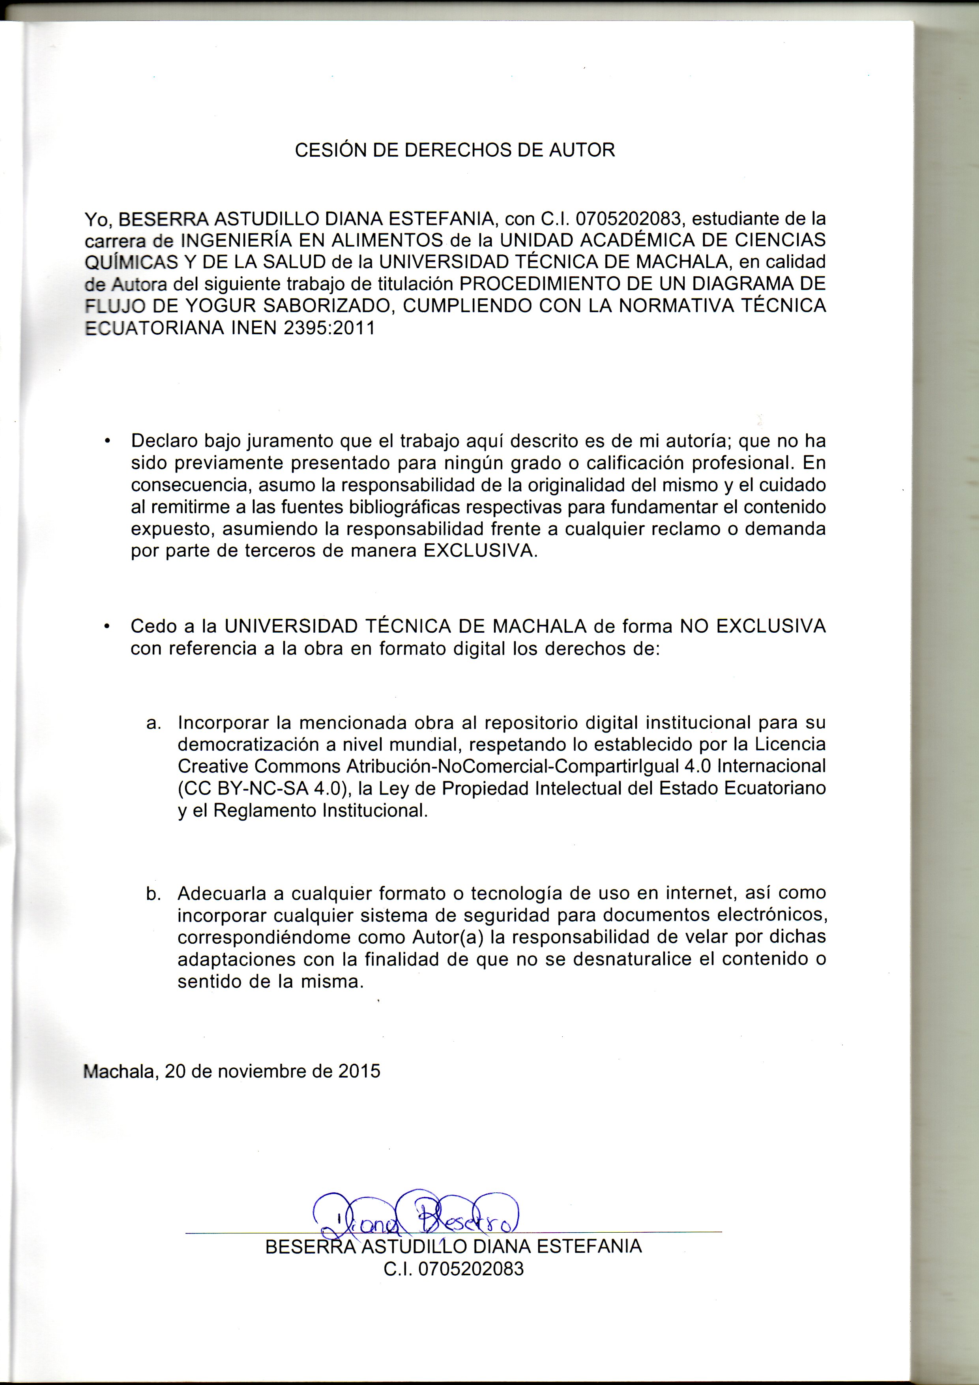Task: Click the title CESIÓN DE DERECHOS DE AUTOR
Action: pos(455,150)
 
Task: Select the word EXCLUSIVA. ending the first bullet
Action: pos(480,551)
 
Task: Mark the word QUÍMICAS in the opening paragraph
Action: pos(131,262)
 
